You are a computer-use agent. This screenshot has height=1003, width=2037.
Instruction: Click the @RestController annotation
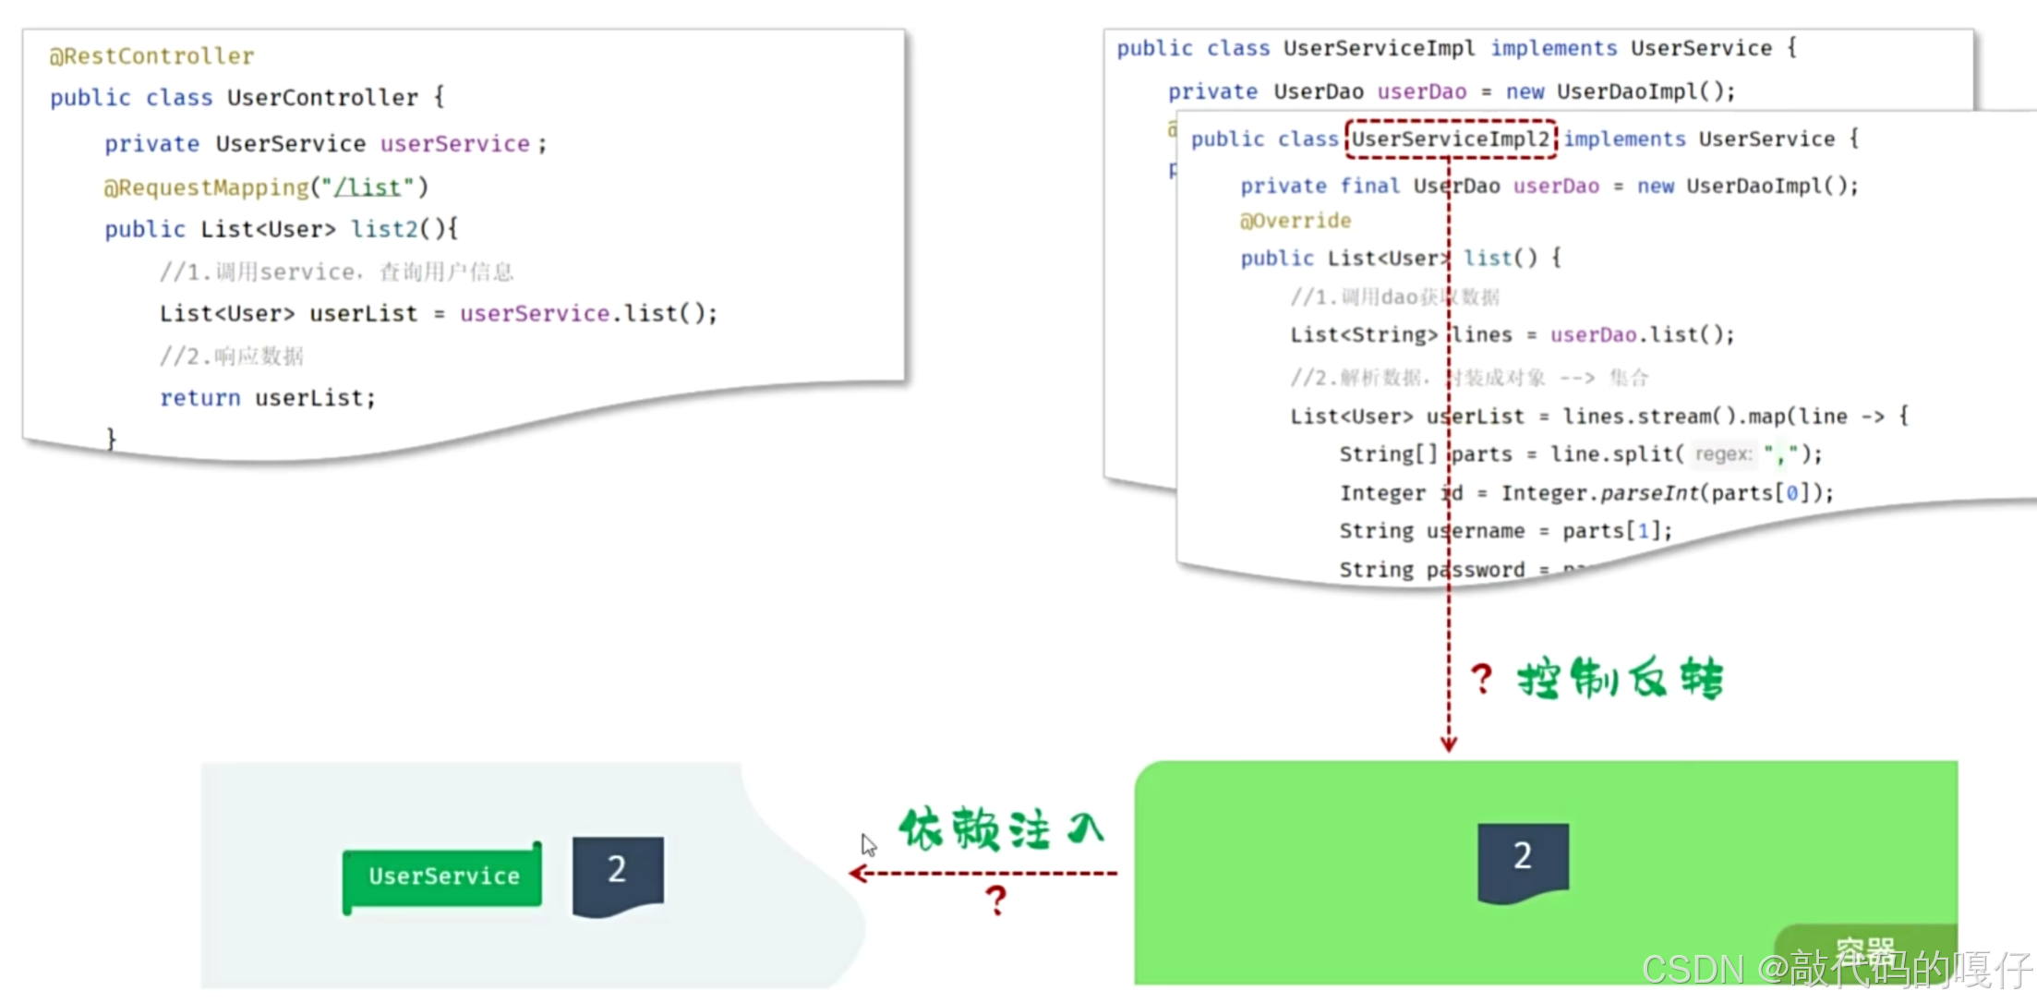click(151, 56)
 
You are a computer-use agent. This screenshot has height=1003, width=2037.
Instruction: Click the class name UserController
click(322, 98)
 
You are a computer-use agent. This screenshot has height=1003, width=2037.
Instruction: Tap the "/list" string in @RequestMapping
click(368, 187)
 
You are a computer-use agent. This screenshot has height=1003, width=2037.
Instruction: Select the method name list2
click(384, 229)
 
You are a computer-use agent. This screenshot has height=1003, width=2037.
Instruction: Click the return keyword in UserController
click(199, 398)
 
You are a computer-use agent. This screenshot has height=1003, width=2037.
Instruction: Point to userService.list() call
click(586, 314)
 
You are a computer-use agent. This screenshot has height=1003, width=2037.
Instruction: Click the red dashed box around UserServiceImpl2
click(1451, 139)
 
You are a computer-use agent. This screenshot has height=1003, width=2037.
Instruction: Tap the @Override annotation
click(1296, 221)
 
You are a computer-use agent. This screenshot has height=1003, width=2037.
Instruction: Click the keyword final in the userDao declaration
click(1369, 186)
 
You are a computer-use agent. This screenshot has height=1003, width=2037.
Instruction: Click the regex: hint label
click(1723, 454)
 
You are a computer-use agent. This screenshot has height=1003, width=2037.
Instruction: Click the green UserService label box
click(442, 876)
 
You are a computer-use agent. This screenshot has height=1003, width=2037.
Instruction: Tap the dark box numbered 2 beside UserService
click(617, 873)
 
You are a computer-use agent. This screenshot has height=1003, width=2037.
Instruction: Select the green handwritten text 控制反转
click(1620, 679)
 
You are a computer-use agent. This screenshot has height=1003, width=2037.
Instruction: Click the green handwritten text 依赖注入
click(1002, 828)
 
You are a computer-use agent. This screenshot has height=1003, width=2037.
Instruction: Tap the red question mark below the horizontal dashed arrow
click(995, 900)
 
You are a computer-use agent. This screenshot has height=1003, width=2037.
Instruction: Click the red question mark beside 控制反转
click(1481, 679)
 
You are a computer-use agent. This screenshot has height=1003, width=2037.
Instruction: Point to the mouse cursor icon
click(868, 844)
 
